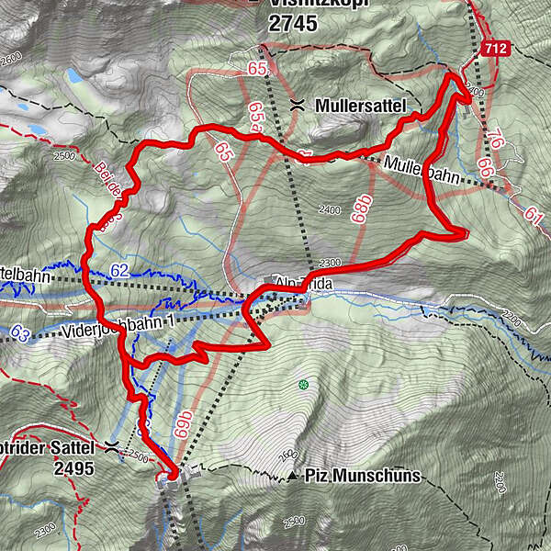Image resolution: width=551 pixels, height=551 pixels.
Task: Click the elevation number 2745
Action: click(x=293, y=25)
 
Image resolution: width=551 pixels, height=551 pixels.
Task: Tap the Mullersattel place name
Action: click(x=359, y=106)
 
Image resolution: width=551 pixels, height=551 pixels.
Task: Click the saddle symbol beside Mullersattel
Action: click(x=298, y=106)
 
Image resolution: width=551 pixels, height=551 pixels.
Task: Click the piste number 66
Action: click(x=485, y=170)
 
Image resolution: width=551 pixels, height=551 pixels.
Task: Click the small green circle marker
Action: click(x=302, y=384)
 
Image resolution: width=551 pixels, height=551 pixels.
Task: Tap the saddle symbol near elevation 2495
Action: click(x=112, y=446)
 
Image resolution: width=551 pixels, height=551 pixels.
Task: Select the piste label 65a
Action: click(x=256, y=118)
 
